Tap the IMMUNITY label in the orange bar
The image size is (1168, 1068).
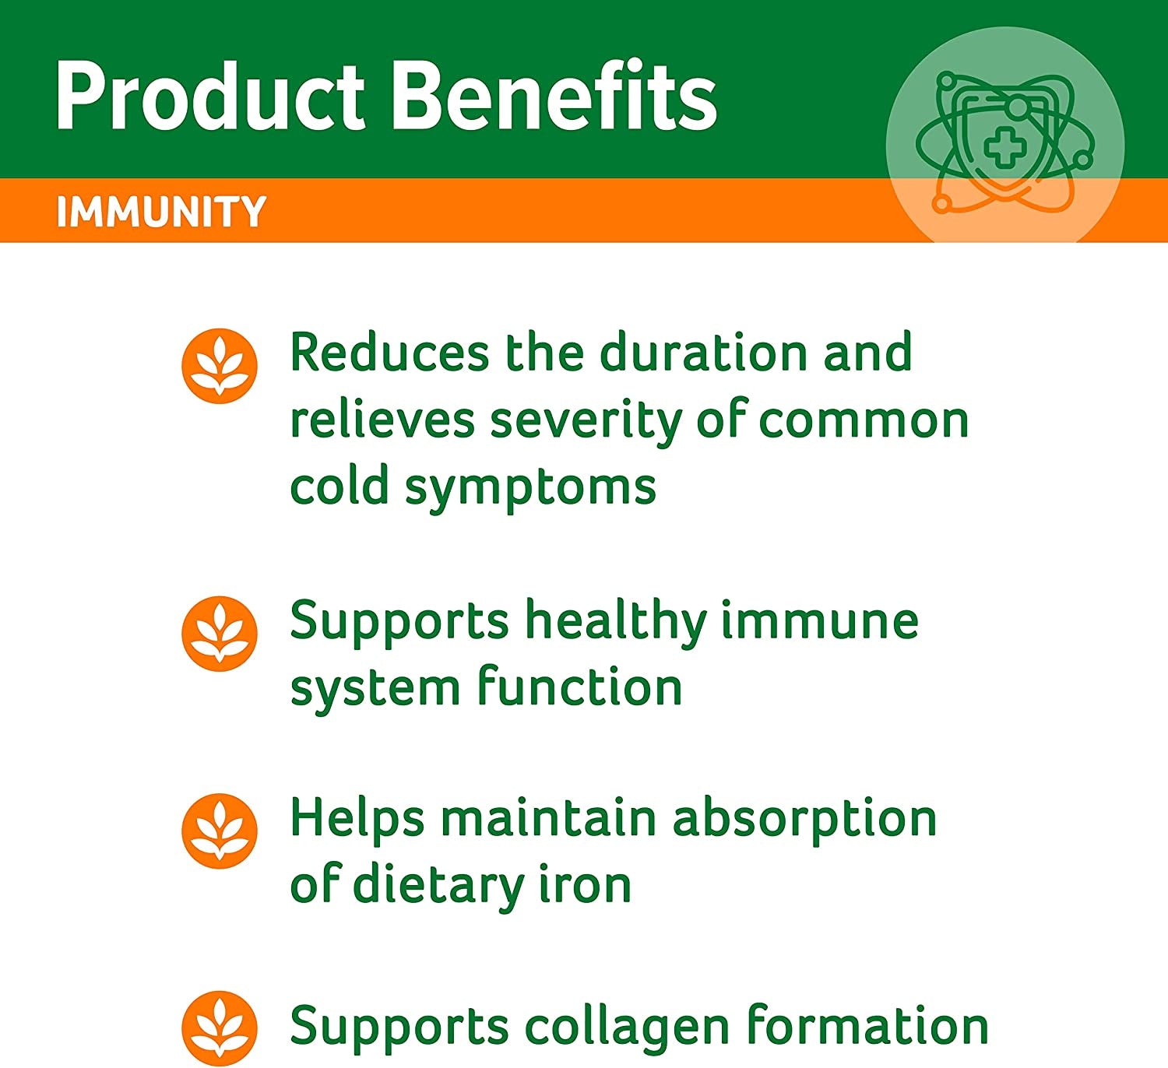(161, 211)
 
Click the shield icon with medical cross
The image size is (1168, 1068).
(1004, 144)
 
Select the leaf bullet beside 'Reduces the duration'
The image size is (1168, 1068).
(220, 366)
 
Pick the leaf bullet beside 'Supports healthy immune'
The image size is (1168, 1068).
(220, 634)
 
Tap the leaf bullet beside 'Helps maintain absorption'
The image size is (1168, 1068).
(220, 831)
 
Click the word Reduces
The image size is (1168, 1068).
(389, 353)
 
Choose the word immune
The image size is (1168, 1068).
(819, 621)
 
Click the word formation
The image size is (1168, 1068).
(867, 1026)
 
